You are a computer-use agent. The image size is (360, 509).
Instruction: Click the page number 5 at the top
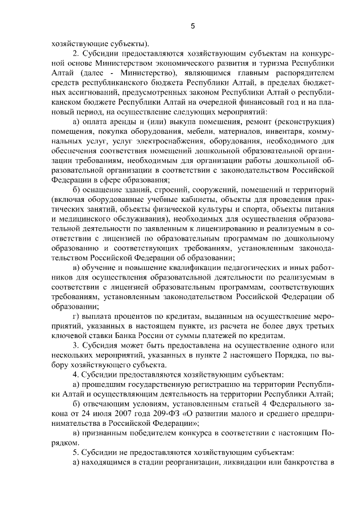click(192, 25)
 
